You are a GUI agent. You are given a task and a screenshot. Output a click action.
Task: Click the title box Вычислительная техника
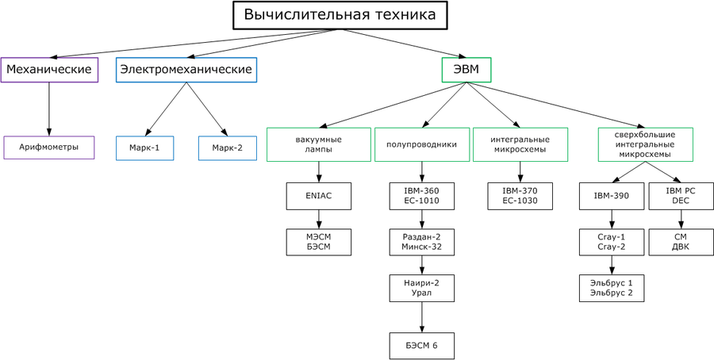click(x=340, y=15)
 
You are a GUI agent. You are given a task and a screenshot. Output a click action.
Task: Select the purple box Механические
click(x=49, y=70)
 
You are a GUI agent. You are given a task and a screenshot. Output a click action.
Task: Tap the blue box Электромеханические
click(x=186, y=70)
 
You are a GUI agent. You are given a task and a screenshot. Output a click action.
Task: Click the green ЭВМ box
click(x=466, y=70)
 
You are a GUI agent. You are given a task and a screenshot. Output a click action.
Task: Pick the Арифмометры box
click(x=49, y=147)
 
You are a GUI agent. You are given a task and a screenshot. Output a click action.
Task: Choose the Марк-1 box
click(x=144, y=147)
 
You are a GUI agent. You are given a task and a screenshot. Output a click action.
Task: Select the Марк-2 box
click(x=228, y=147)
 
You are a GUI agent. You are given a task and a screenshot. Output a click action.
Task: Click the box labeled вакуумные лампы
click(x=319, y=144)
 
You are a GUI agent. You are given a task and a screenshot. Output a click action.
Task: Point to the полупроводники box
click(x=421, y=144)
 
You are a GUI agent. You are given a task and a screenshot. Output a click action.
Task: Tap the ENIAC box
click(x=319, y=196)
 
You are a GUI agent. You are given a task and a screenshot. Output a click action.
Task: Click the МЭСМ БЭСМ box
click(x=319, y=242)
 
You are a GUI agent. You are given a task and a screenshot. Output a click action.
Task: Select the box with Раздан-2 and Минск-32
click(x=421, y=242)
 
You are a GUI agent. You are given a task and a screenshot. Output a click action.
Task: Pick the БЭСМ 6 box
click(x=421, y=346)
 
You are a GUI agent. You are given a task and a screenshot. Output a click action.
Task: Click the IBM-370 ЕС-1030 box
click(x=520, y=196)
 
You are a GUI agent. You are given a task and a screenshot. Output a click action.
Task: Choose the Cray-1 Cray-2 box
click(x=611, y=242)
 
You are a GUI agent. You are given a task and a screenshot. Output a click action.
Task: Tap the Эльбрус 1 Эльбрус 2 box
click(x=611, y=288)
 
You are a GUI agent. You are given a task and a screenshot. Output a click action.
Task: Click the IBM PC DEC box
click(x=680, y=196)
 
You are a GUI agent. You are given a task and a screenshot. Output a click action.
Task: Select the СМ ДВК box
click(x=680, y=242)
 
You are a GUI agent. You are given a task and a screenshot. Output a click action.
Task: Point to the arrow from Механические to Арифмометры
click(x=49, y=108)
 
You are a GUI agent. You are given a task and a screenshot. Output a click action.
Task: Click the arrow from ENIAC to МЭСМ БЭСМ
click(x=319, y=219)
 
